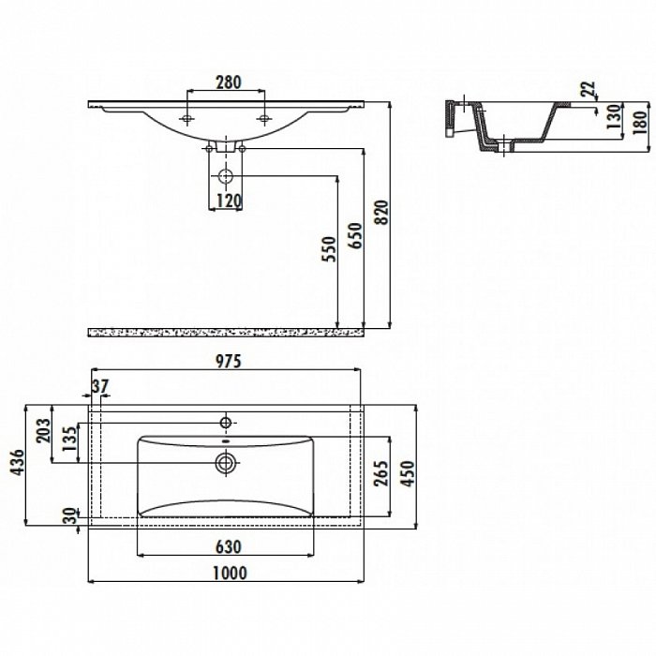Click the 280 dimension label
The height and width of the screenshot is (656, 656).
229,82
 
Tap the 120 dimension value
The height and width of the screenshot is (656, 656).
230,201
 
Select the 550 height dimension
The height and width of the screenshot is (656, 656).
329,249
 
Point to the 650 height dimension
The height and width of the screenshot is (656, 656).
355,235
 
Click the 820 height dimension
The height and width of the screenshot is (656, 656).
382,213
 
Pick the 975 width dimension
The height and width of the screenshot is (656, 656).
229,361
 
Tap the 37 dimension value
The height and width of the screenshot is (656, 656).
100,386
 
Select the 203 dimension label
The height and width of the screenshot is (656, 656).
43,430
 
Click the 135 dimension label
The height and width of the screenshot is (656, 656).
70,438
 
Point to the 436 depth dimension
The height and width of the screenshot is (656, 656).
17,462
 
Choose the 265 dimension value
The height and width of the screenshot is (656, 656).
381,473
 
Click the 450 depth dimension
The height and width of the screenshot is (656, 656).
408,473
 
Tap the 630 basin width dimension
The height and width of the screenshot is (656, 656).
229,546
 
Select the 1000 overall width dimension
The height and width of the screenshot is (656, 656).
231,574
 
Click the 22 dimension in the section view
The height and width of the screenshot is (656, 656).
588,89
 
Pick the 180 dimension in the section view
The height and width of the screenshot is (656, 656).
639,122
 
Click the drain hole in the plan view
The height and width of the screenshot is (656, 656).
226,463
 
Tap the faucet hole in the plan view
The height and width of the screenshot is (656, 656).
226,423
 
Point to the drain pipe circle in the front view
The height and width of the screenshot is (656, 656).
226,176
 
